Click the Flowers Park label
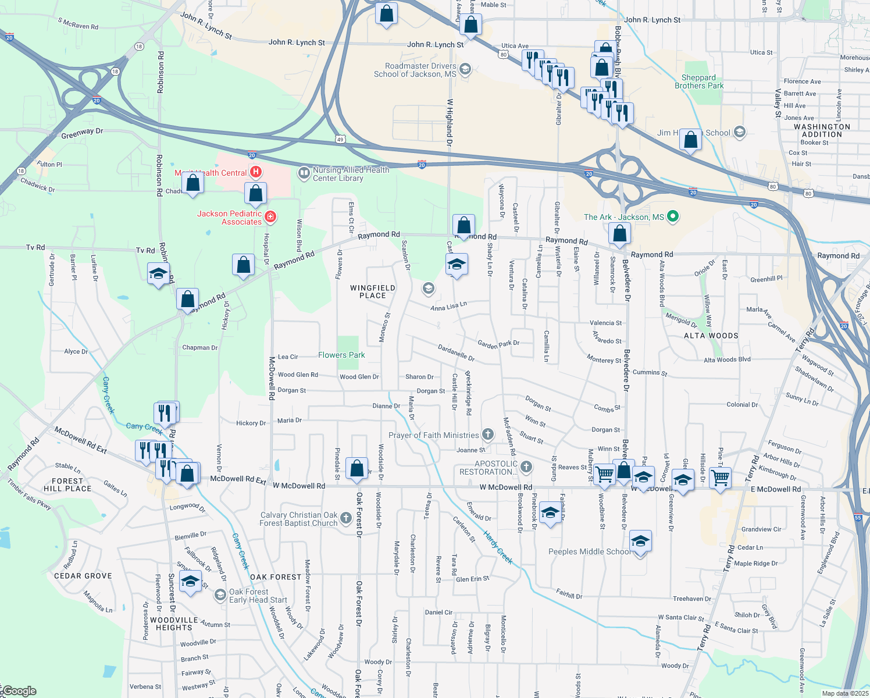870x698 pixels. click(341, 355)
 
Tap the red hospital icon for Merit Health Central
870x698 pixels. click(255, 172)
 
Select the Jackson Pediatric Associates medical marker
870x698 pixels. click(270, 218)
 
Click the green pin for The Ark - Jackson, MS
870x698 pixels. click(673, 217)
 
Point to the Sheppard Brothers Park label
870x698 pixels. click(699, 81)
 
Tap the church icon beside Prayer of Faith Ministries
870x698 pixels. click(487, 435)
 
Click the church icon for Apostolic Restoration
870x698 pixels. click(526, 467)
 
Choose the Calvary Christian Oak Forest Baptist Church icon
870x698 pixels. click(346, 518)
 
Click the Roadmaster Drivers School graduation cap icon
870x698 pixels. click(465, 70)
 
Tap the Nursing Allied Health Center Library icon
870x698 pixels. click(304, 173)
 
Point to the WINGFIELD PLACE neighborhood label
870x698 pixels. click(373, 291)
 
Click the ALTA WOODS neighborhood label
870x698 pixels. click(711, 336)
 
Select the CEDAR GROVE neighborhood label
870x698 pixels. click(83, 576)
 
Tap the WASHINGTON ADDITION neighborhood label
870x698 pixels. click(822, 130)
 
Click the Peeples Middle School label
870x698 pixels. click(589, 551)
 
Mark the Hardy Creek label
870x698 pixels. click(498, 548)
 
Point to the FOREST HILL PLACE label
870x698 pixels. click(67, 485)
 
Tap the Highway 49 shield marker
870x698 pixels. click(340, 140)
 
